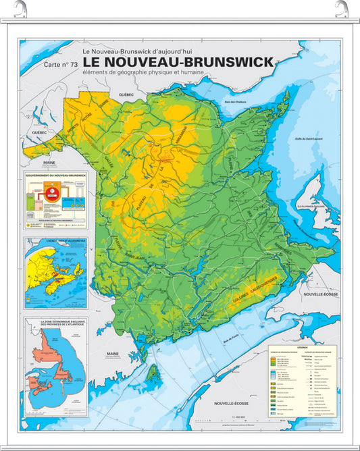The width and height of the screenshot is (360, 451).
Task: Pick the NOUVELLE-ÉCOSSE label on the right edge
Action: click(x=319, y=294)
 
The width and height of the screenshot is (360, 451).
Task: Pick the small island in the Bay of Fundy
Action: click(x=154, y=372)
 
